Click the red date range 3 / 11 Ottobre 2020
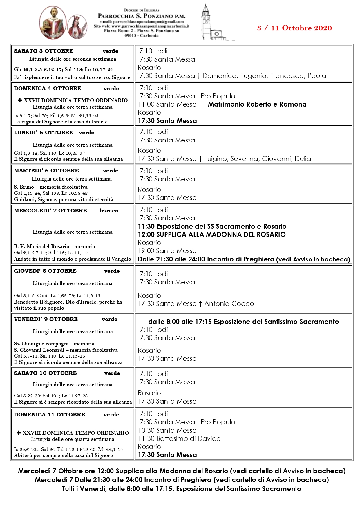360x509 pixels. [x=294, y=28]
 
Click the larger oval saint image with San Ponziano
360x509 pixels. [x=53, y=23]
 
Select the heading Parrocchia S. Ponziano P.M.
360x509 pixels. [x=141, y=16]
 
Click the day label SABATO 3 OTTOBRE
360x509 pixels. [x=44, y=51]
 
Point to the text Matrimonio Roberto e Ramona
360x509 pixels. [x=257, y=104]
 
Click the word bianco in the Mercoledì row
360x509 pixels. [x=109, y=211]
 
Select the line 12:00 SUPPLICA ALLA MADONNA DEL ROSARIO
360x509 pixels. [x=212, y=234]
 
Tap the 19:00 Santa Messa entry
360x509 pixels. [x=167, y=251]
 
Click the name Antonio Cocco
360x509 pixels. [x=229, y=304]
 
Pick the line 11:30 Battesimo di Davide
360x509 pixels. [x=179, y=438]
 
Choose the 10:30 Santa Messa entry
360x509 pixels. [x=167, y=430]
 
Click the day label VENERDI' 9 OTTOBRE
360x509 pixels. [x=46, y=319]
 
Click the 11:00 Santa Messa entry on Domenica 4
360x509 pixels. [x=167, y=104]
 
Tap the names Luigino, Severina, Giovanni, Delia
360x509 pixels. [x=258, y=159]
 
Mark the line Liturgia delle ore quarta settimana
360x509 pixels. [x=73, y=439]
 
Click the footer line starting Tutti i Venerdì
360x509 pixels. [x=181, y=489]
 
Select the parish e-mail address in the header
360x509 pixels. [x=141, y=22]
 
